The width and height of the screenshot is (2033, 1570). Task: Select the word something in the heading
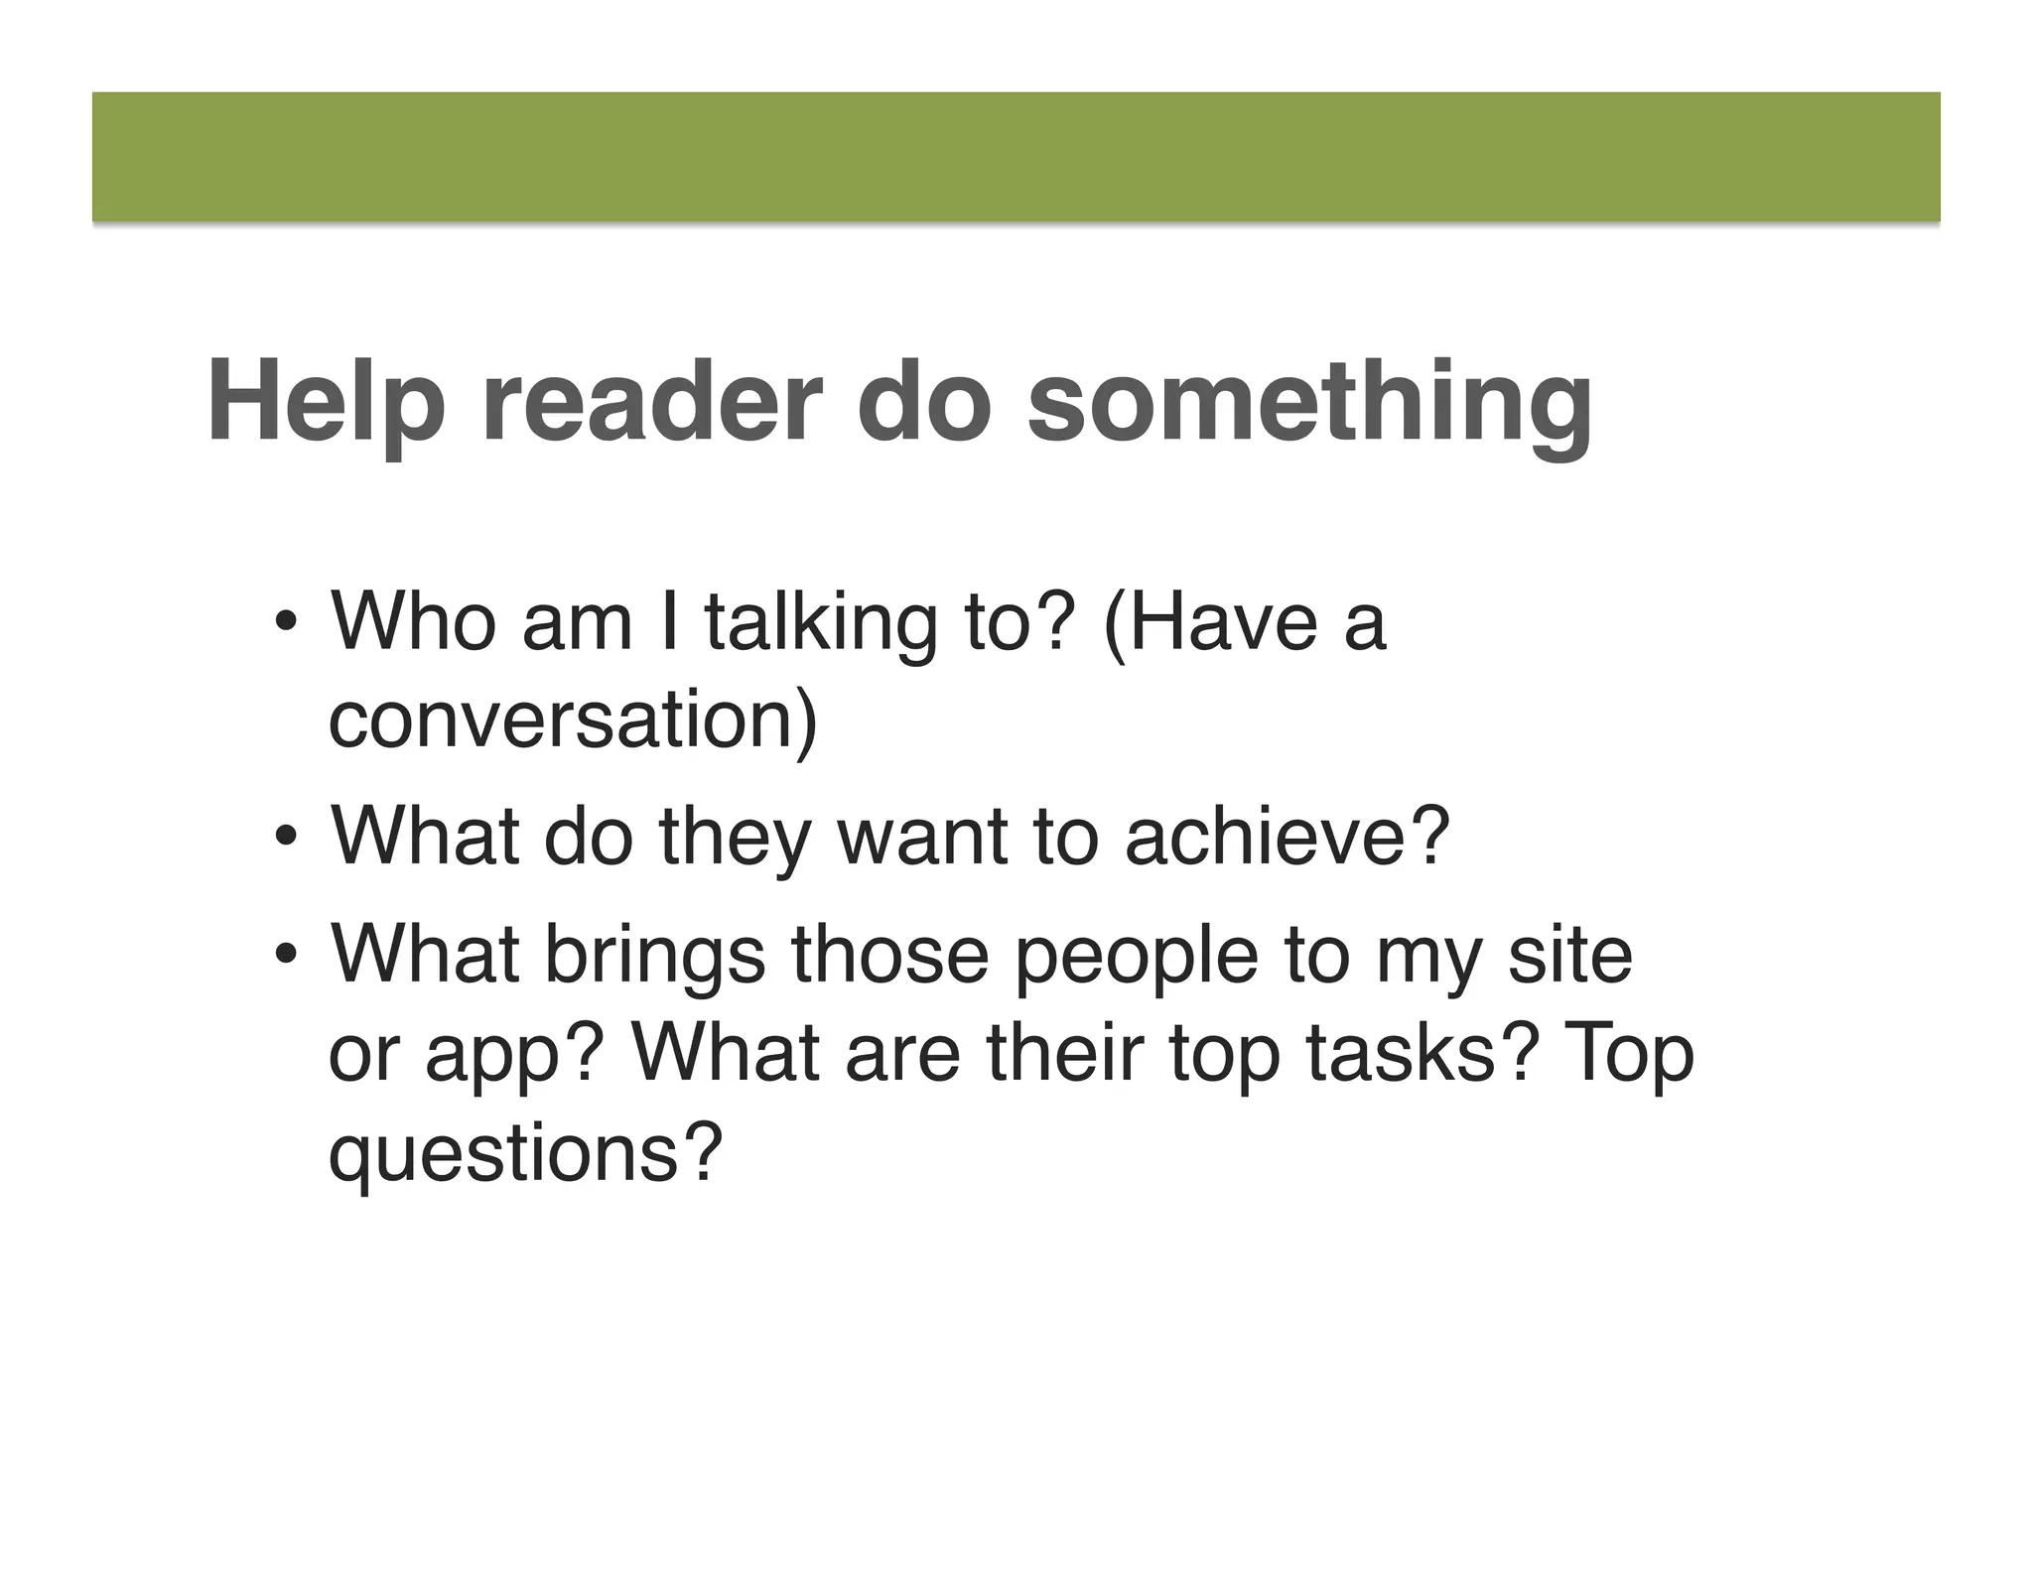click(1309, 402)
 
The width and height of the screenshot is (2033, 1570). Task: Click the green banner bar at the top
click(1016, 157)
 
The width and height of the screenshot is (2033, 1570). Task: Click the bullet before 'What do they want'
click(287, 839)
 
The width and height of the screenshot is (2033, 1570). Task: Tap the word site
click(1569, 954)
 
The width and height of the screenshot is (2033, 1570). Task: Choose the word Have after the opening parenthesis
click(1222, 622)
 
